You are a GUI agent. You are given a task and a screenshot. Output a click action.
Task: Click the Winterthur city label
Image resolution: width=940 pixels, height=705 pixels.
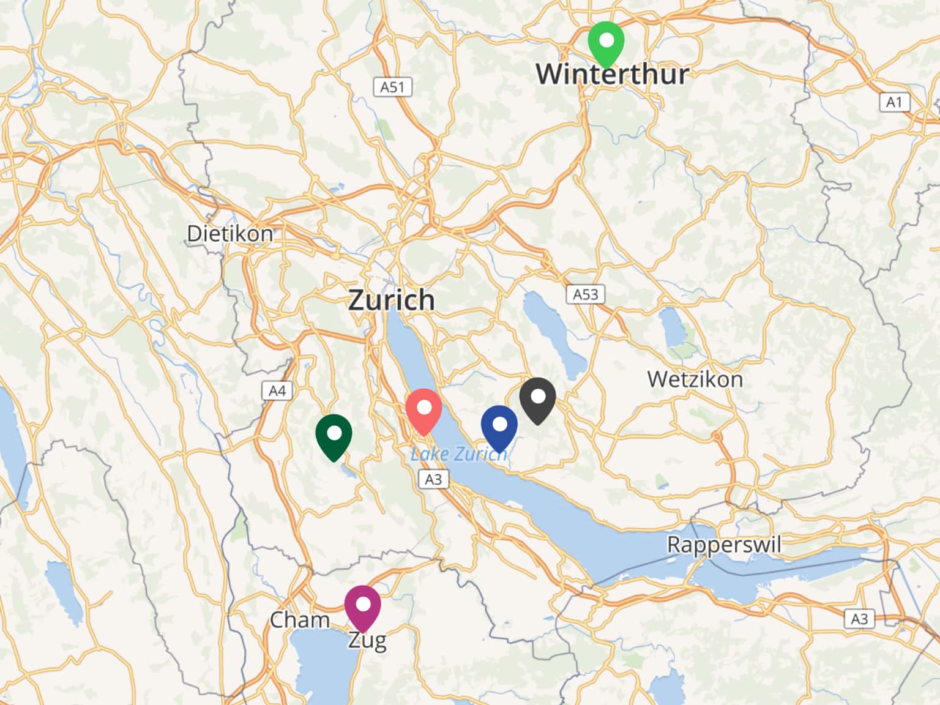[x=612, y=74]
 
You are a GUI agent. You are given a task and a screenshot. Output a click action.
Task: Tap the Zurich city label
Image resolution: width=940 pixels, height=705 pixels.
[x=392, y=300]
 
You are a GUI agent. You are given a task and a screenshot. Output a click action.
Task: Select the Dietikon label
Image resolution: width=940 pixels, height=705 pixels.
[x=230, y=233]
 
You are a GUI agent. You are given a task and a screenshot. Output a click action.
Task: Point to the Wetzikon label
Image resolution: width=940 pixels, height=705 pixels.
[x=695, y=379]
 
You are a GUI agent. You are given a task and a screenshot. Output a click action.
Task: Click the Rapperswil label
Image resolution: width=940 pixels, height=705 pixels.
[x=724, y=544]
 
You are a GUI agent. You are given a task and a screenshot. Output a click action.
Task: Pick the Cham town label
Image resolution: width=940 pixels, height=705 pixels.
[x=300, y=620]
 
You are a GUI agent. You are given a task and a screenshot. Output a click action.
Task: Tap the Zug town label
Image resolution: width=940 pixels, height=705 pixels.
[x=367, y=641]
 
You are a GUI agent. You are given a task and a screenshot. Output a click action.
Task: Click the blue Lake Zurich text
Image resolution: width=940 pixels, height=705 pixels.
[x=459, y=454]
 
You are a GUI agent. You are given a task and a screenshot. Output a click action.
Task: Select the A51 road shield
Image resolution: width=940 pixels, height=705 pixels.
[x=392, y=87]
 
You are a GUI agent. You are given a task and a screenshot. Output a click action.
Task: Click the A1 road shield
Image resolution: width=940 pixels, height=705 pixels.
[x=894, y=102]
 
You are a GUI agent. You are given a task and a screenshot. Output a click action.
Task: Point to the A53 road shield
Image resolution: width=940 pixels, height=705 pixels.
[x=585, y=294]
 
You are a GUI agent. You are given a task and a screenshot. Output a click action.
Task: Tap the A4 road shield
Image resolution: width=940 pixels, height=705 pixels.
[x=277, y=390]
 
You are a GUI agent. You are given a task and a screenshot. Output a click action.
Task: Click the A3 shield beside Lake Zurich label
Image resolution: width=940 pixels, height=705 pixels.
[x=433, y=479]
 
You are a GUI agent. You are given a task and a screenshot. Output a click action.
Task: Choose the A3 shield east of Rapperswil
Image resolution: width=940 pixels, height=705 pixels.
[x=859, y=619]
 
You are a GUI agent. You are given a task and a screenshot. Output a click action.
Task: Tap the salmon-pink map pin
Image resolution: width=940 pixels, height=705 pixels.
[x=423, y=410]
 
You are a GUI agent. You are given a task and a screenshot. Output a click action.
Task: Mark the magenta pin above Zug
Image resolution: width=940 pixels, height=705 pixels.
[x=362, y=606]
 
